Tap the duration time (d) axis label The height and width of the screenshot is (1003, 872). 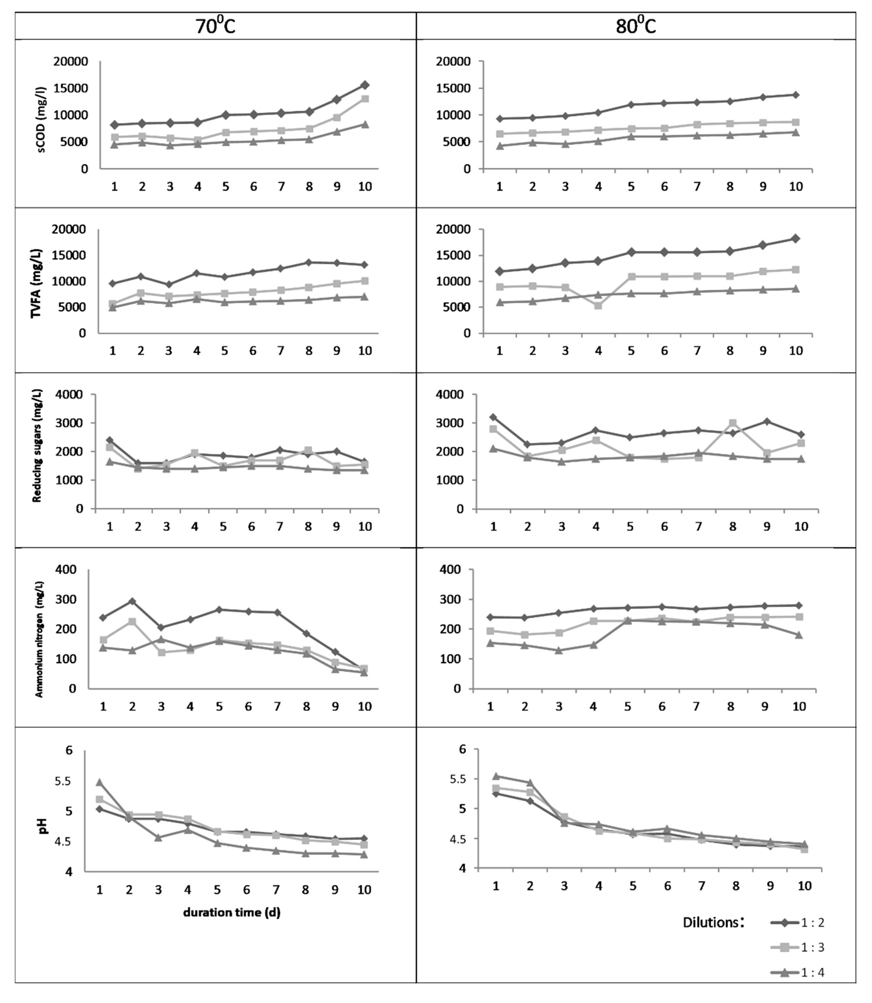coord(232,912)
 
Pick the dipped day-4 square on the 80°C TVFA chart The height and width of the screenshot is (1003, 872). coord(598,306)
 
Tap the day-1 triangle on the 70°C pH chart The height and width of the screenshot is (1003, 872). coord(99,782)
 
